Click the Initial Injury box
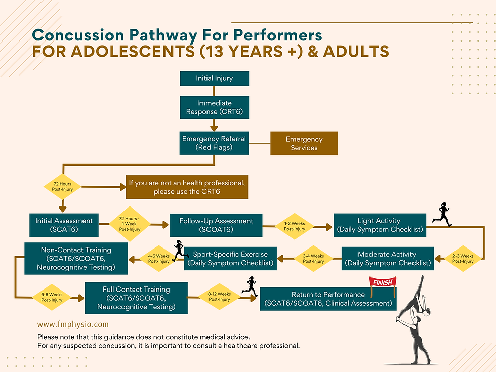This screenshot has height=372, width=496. (x=214, y=78)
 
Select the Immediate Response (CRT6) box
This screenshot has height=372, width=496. (x=214, y=107)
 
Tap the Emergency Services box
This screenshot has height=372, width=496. (x=304, y=143)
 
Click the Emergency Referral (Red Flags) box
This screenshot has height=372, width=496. (x=214, y=143)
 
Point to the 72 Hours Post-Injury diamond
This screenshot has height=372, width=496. (x=63, y=187)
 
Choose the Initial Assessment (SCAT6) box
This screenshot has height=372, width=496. (x=64, y=225)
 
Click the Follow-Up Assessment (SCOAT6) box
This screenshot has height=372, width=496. (x=216, y=225)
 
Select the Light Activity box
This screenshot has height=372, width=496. (x=379, y=225)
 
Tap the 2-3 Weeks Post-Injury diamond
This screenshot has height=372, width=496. (x=463, y=259)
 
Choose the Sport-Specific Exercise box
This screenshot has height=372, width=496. (x=230, y=258)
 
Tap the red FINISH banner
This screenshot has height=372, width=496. (x=383, y=282)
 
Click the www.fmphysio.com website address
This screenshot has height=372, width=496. (x=73, y=324)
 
